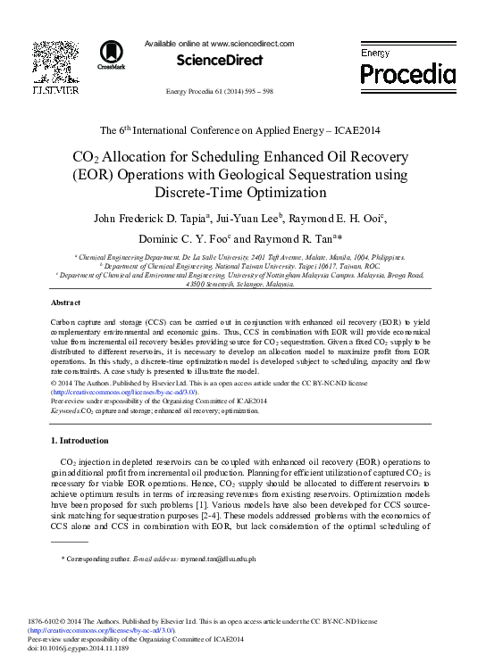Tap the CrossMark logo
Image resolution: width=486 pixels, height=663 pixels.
[x=112, y=55]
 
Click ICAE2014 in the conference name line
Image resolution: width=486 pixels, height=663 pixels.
[x=356, y=130]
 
